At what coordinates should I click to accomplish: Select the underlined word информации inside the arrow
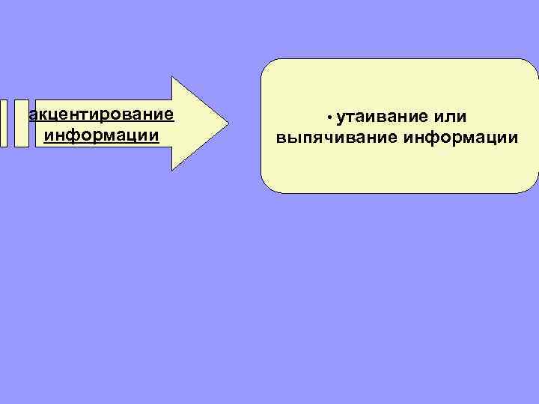(102, 135)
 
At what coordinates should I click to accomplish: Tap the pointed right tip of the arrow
(228, 123)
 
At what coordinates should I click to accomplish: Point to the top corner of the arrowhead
(173, 78)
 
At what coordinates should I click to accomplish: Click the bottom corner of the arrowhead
(173, 170)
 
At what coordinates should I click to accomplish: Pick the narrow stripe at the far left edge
(4, 123)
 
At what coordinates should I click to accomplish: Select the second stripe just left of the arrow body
(21, 123)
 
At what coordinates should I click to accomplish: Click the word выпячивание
(337, 138)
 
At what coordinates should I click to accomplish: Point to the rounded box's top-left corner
(265, 64)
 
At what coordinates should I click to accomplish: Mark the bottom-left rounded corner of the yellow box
(265, 188)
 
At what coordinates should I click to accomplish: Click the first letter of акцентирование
(31, 116)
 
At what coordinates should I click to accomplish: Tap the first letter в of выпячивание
(281, 138)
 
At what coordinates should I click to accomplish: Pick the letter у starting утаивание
(341, 117)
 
